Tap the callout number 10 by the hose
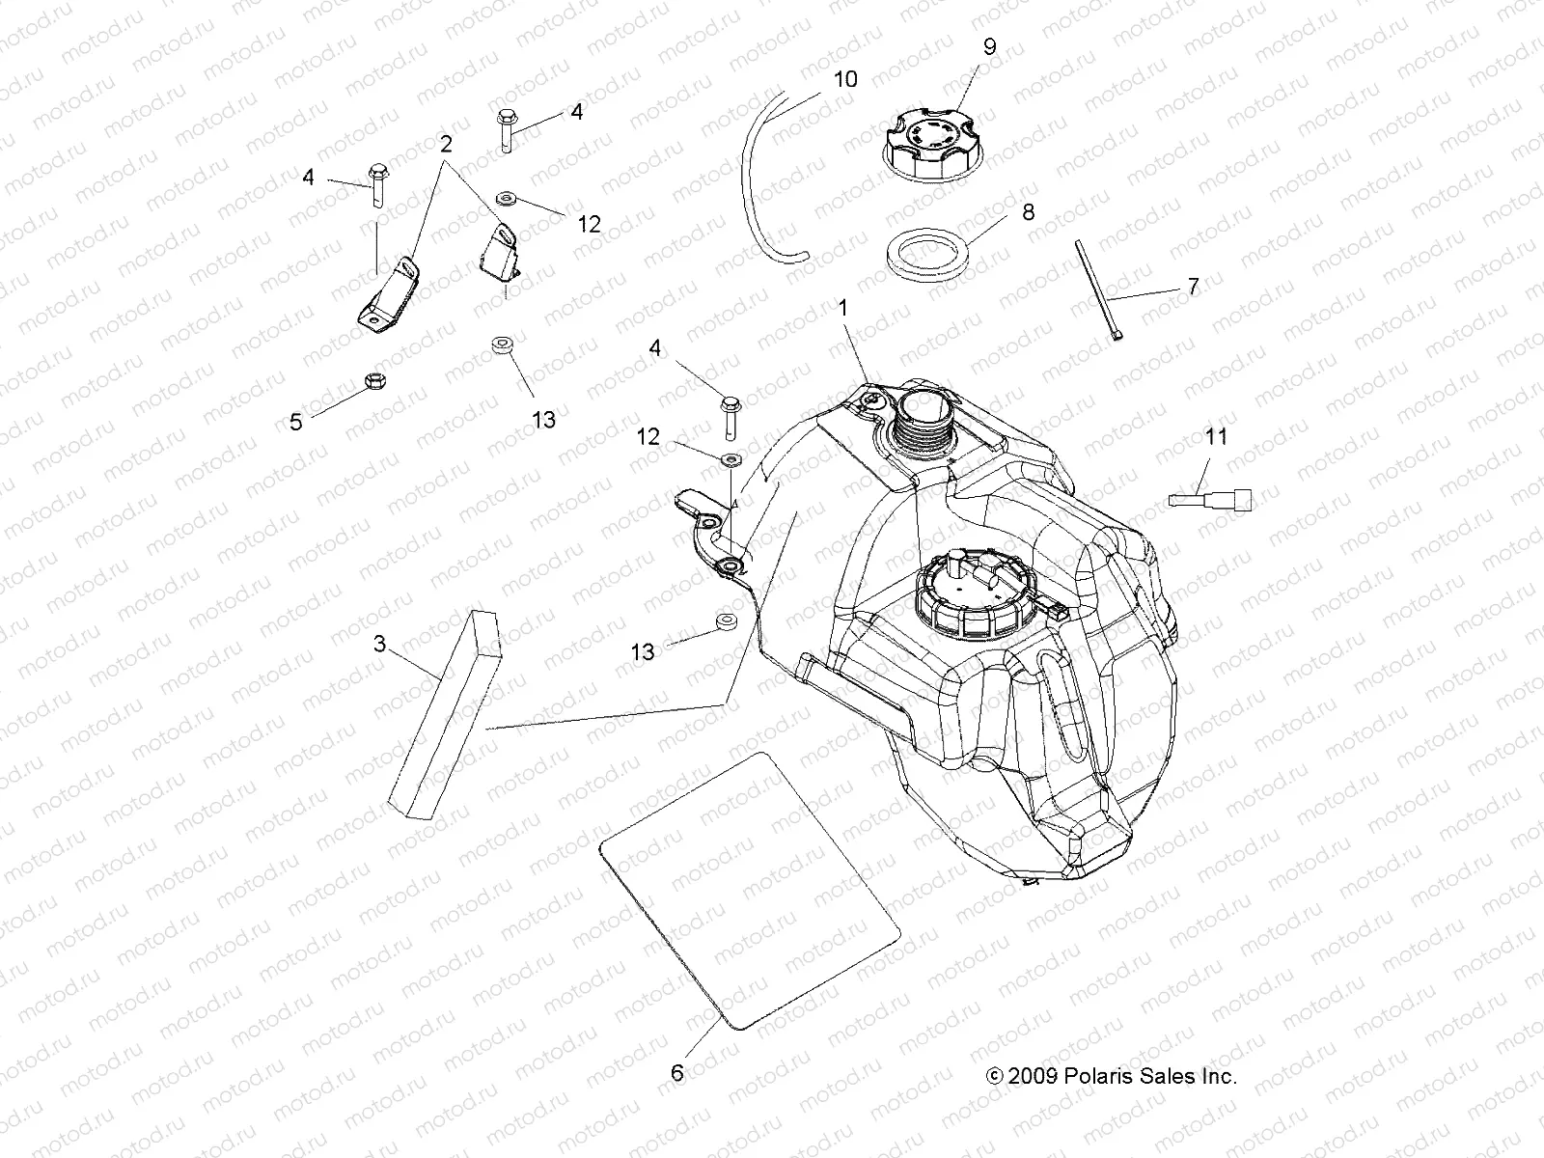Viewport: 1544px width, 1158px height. (844, 79)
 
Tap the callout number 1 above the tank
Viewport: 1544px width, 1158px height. (842, 310)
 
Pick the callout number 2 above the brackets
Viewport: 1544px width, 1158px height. (445, 145)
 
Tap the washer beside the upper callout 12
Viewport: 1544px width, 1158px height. (504, 201)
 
